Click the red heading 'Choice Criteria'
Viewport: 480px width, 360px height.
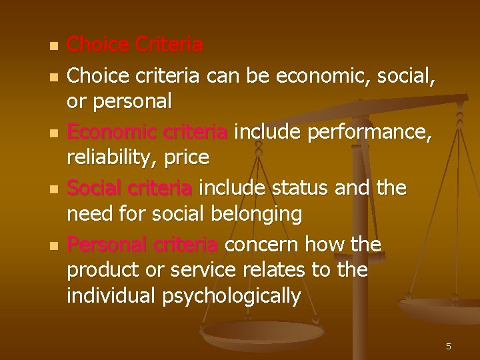click(135, 45)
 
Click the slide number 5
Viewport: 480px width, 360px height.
click(449, 346)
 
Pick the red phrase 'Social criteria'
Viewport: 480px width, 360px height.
click(129, 189)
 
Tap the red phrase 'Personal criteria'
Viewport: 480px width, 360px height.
click(142, 245)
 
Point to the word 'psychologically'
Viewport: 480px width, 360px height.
click(231, 295)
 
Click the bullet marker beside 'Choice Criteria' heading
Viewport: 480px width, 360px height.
click(53, 47)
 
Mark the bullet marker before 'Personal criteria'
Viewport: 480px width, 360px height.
click(53, 247)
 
